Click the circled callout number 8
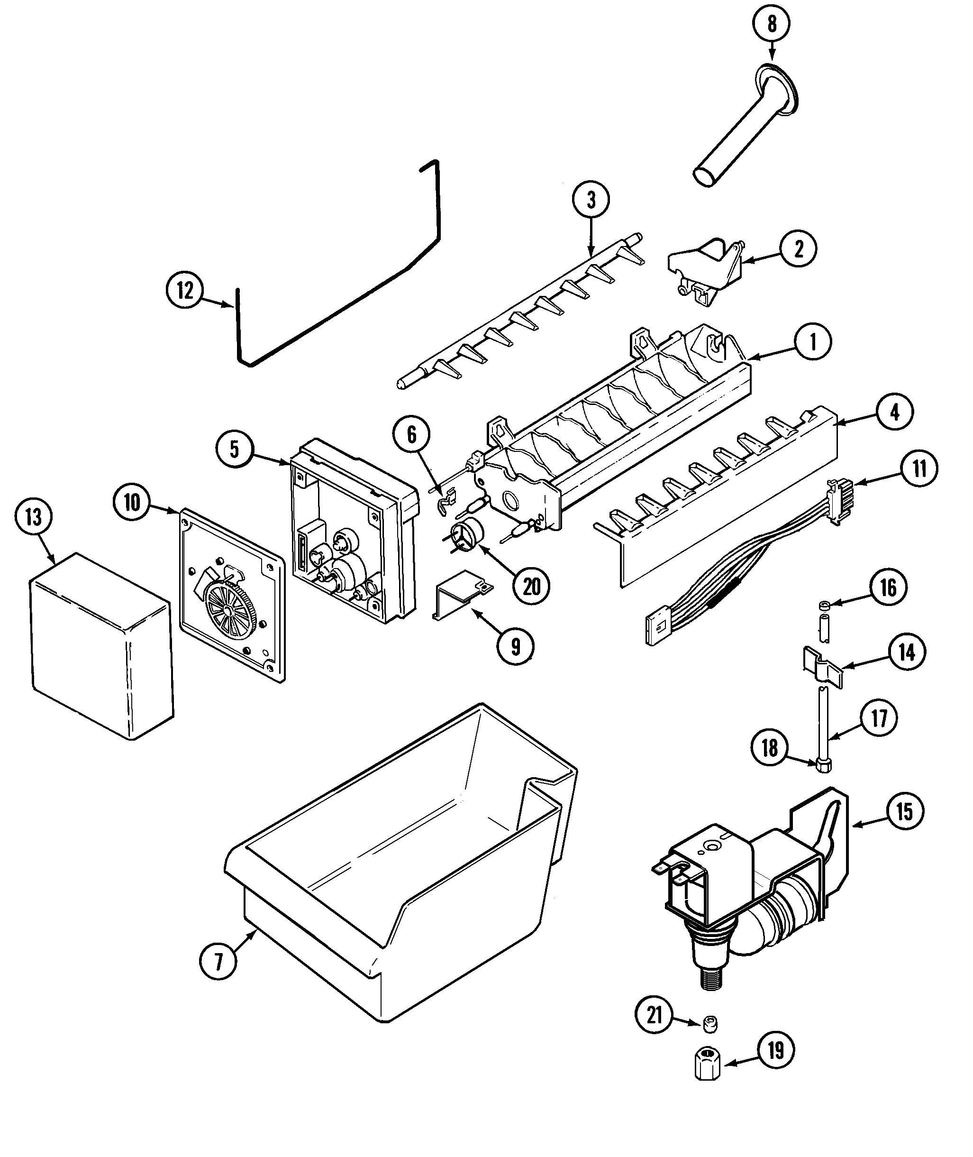pos(771,24)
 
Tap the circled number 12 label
pos(185,290)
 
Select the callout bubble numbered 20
pos(531,587)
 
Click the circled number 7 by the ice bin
pos(218,962)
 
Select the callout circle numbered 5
pos(235,449)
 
